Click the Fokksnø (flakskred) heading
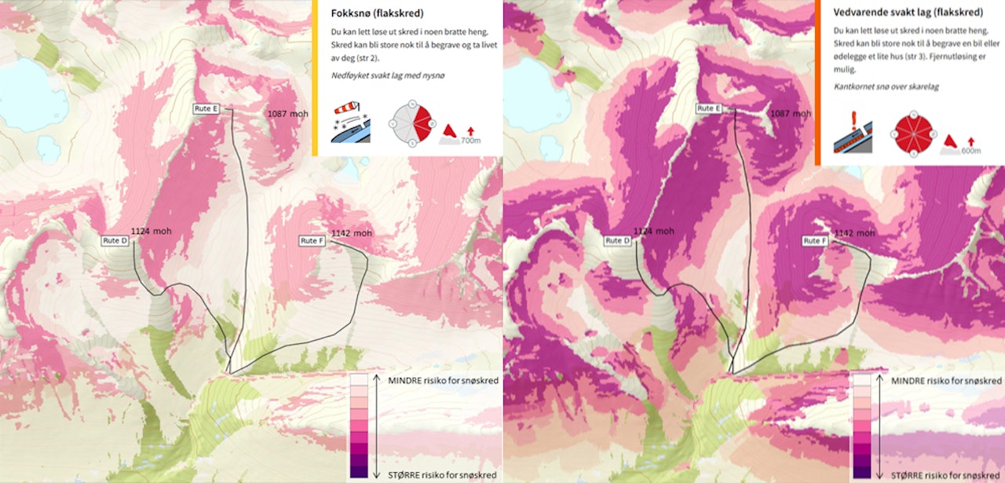click(x=378, y=13)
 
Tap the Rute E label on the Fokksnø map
click(x=206, y=109)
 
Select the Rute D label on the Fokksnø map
click(x=115, y=240)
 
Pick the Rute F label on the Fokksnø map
click(x=312, y=240)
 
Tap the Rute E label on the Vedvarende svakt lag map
click(x=709, y=108)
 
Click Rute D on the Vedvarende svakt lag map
click(x=617, y=240)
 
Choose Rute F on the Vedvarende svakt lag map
click(x=815, y=240)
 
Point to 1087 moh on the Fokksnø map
click(x=287, y=114)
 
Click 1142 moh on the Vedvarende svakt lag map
click(x=854, y=233)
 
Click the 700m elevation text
click(x=470, y=140)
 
